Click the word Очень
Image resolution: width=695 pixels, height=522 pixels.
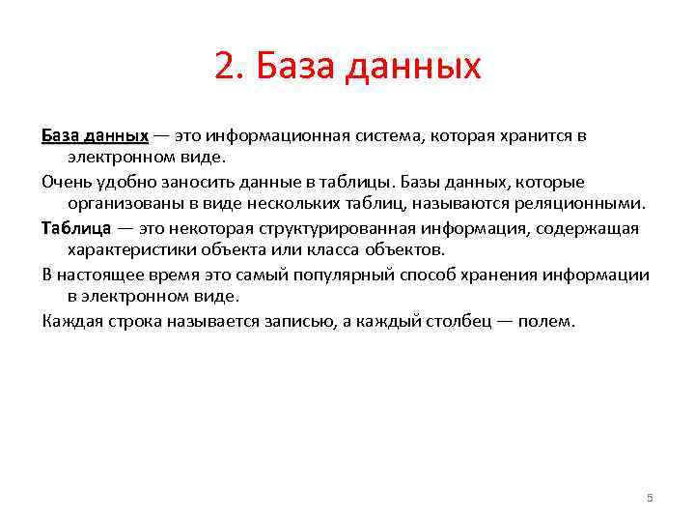pos(65,182)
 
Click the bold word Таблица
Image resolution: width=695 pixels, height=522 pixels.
pos(77,228)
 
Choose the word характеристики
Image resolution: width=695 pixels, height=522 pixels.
pos(131,250)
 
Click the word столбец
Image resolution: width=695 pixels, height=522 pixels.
pos(447,321)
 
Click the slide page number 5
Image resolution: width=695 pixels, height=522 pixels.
pos(650,498)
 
